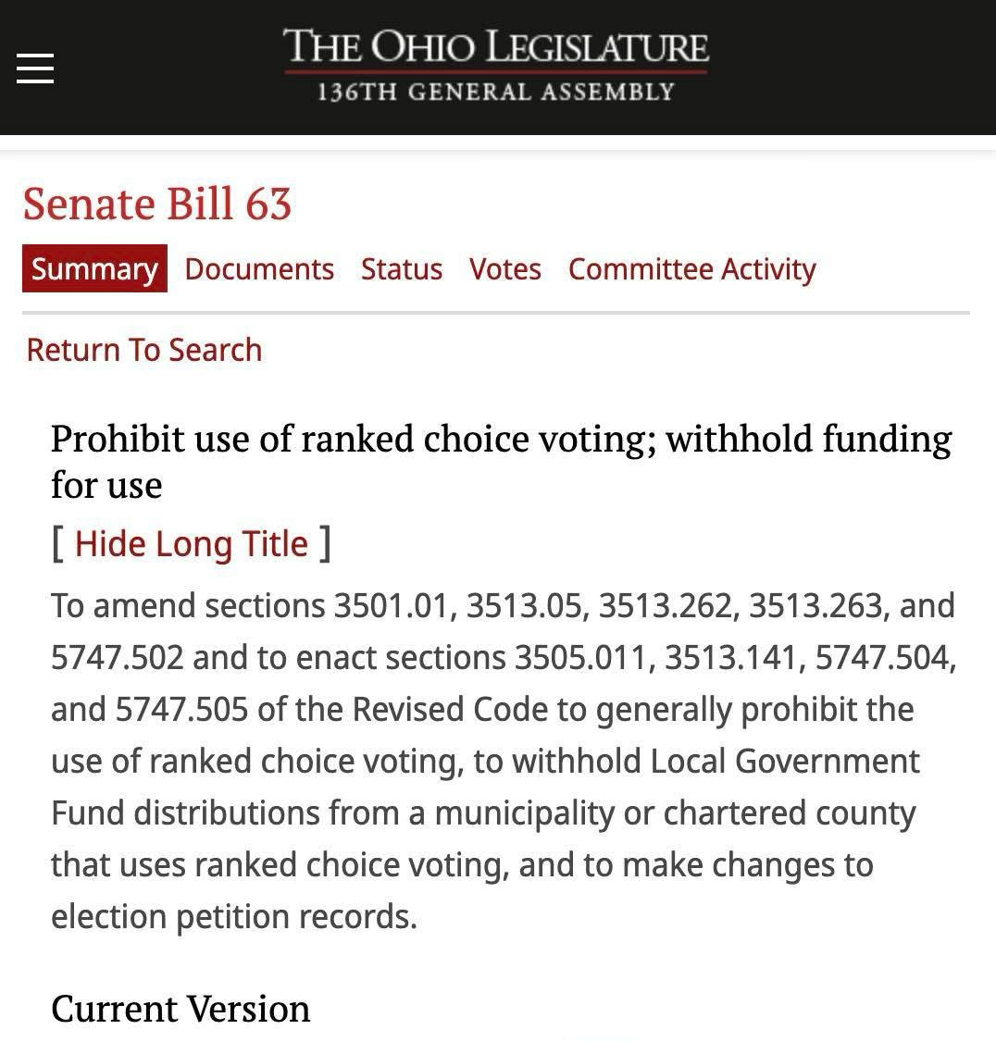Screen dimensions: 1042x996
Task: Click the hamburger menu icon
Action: click(x=35, y=68)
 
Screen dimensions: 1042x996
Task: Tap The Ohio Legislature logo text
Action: click(x=495, y=47)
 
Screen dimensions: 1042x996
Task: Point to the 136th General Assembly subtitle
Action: click(x=495, y=93)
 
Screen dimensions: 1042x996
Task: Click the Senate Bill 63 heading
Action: click(x=157, y=204)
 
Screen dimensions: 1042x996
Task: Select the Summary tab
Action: click(x=94, y=269)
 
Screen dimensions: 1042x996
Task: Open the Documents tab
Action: click(x=259, y=269)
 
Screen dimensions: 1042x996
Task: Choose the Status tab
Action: click(x=402, y=269)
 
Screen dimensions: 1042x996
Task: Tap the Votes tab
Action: click(x=504, y=269)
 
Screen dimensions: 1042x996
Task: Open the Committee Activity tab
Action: click(x=691, y=269)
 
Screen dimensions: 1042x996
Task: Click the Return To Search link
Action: click(x=144, y=350)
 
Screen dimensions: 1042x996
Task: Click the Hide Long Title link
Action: click(x=191, y=544)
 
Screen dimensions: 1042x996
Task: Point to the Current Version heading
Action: click(x=181, y=1009)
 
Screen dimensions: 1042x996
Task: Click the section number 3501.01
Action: click(x=390, y=606)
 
